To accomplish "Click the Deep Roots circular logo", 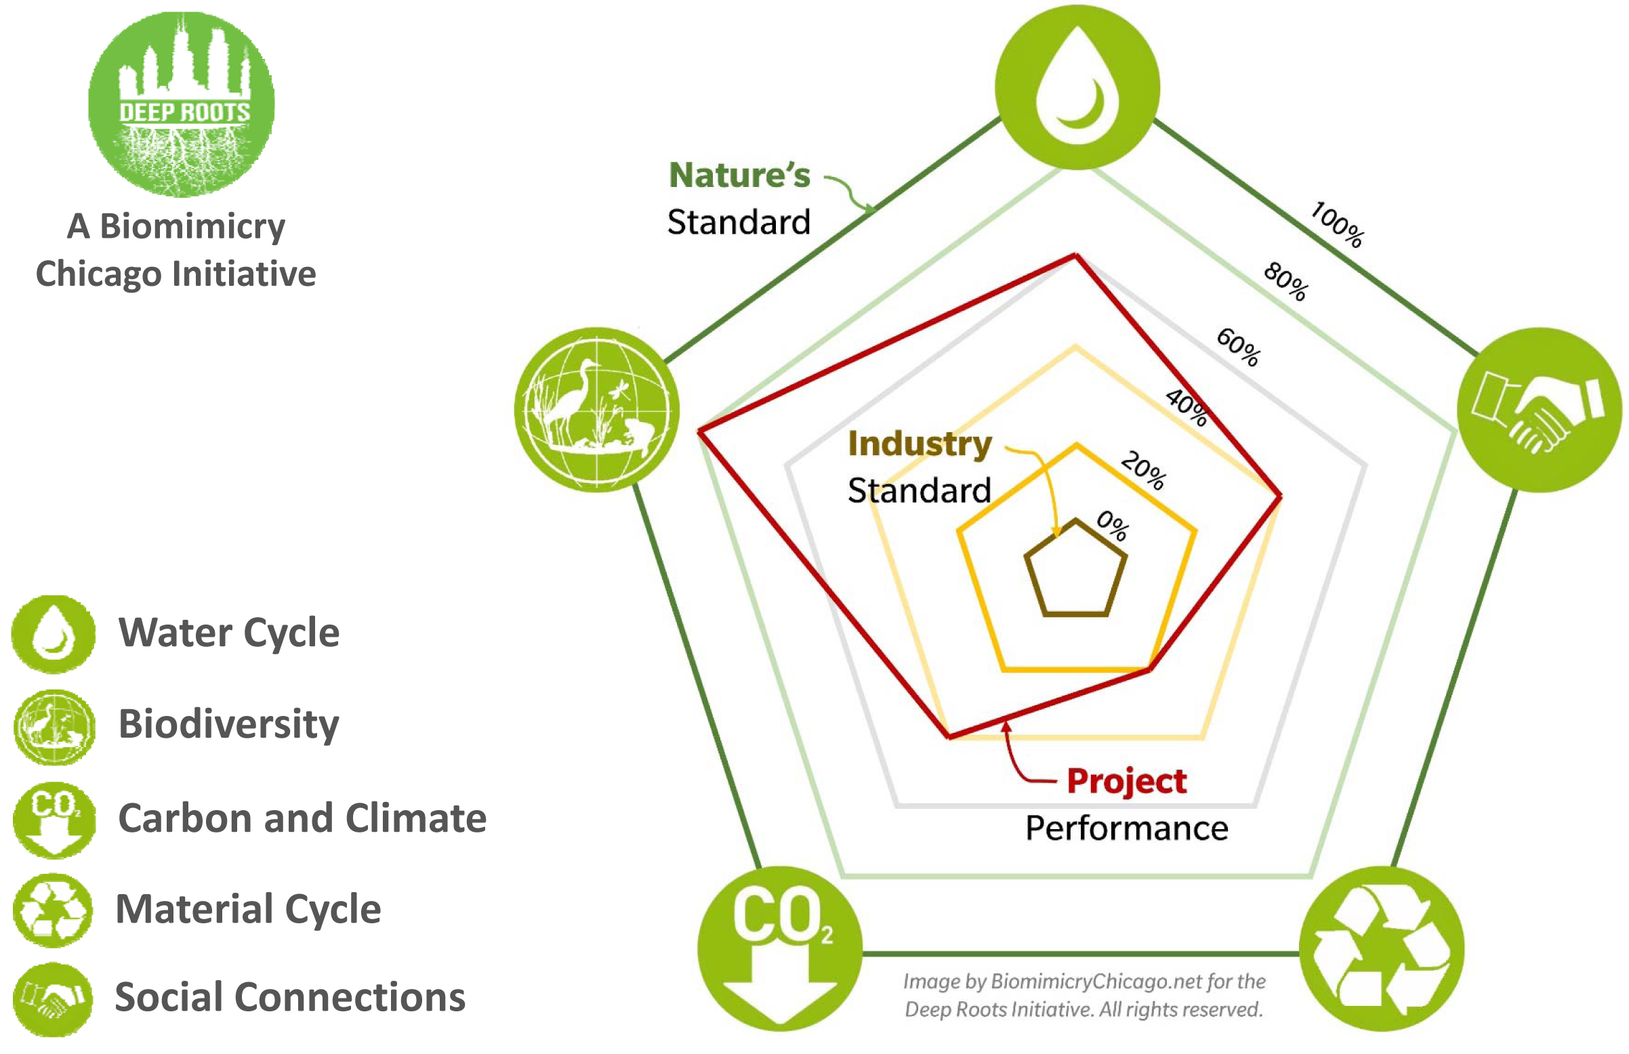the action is (182, 104).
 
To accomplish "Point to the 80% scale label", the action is (1286, 280).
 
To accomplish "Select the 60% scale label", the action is (1238, 346).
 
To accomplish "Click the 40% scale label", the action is (1187, 406).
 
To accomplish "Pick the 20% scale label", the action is (1143, 469).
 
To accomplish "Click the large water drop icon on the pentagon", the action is (1077, 87).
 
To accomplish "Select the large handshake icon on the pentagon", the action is (1540, 409).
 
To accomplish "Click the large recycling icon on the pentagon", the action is (1381, 948).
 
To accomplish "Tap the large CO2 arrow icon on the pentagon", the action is (780, 948).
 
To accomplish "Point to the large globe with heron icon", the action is (597, 409).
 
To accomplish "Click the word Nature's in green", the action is (739, 175).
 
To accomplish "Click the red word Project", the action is (1127, 782).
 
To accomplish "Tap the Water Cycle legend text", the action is (228, 633).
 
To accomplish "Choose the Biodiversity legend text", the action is (228, 724).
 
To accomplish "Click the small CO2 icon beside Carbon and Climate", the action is (54, 820).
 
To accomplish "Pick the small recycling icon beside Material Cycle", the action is (53, 910).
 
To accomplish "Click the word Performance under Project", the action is (1127, 829).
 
